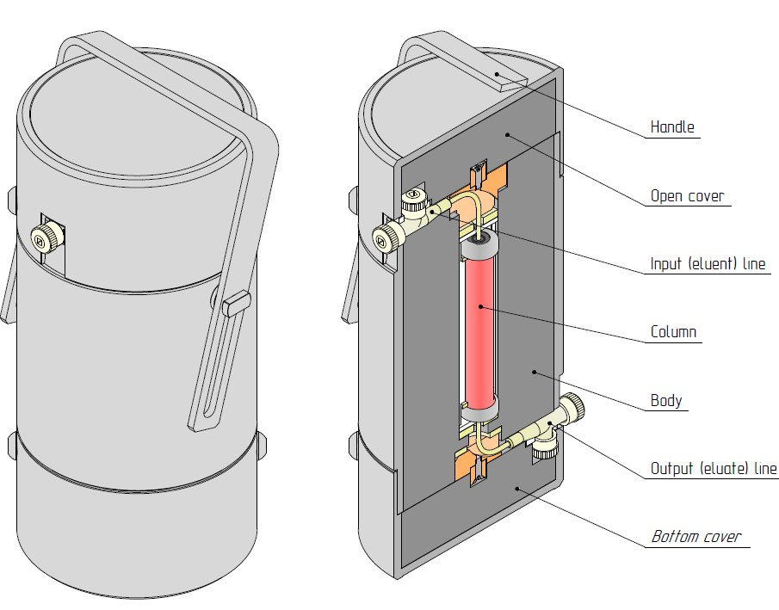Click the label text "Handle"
671,127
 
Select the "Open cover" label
688,195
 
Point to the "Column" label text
673,332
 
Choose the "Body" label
666,400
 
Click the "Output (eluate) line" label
714,469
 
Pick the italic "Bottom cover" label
696,537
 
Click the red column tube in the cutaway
479,331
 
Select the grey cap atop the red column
479,247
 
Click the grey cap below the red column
479,413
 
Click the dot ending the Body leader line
535,372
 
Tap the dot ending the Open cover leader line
508,134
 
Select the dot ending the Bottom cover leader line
516,487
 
